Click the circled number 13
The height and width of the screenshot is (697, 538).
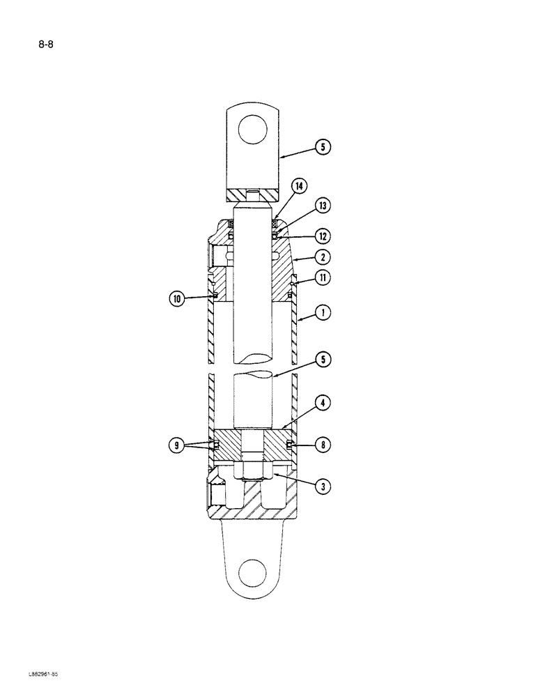323,206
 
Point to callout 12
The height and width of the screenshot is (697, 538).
323,236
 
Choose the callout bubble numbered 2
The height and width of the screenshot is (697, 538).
323,257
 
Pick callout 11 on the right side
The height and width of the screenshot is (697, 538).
323,277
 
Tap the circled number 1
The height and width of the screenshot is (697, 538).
323,314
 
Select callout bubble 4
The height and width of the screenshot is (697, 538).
323,402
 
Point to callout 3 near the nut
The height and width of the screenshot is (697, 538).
323,487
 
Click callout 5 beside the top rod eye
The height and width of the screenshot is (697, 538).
323,147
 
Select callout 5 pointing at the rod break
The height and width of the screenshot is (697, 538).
323,360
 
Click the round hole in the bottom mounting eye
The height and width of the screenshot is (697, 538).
252,574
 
